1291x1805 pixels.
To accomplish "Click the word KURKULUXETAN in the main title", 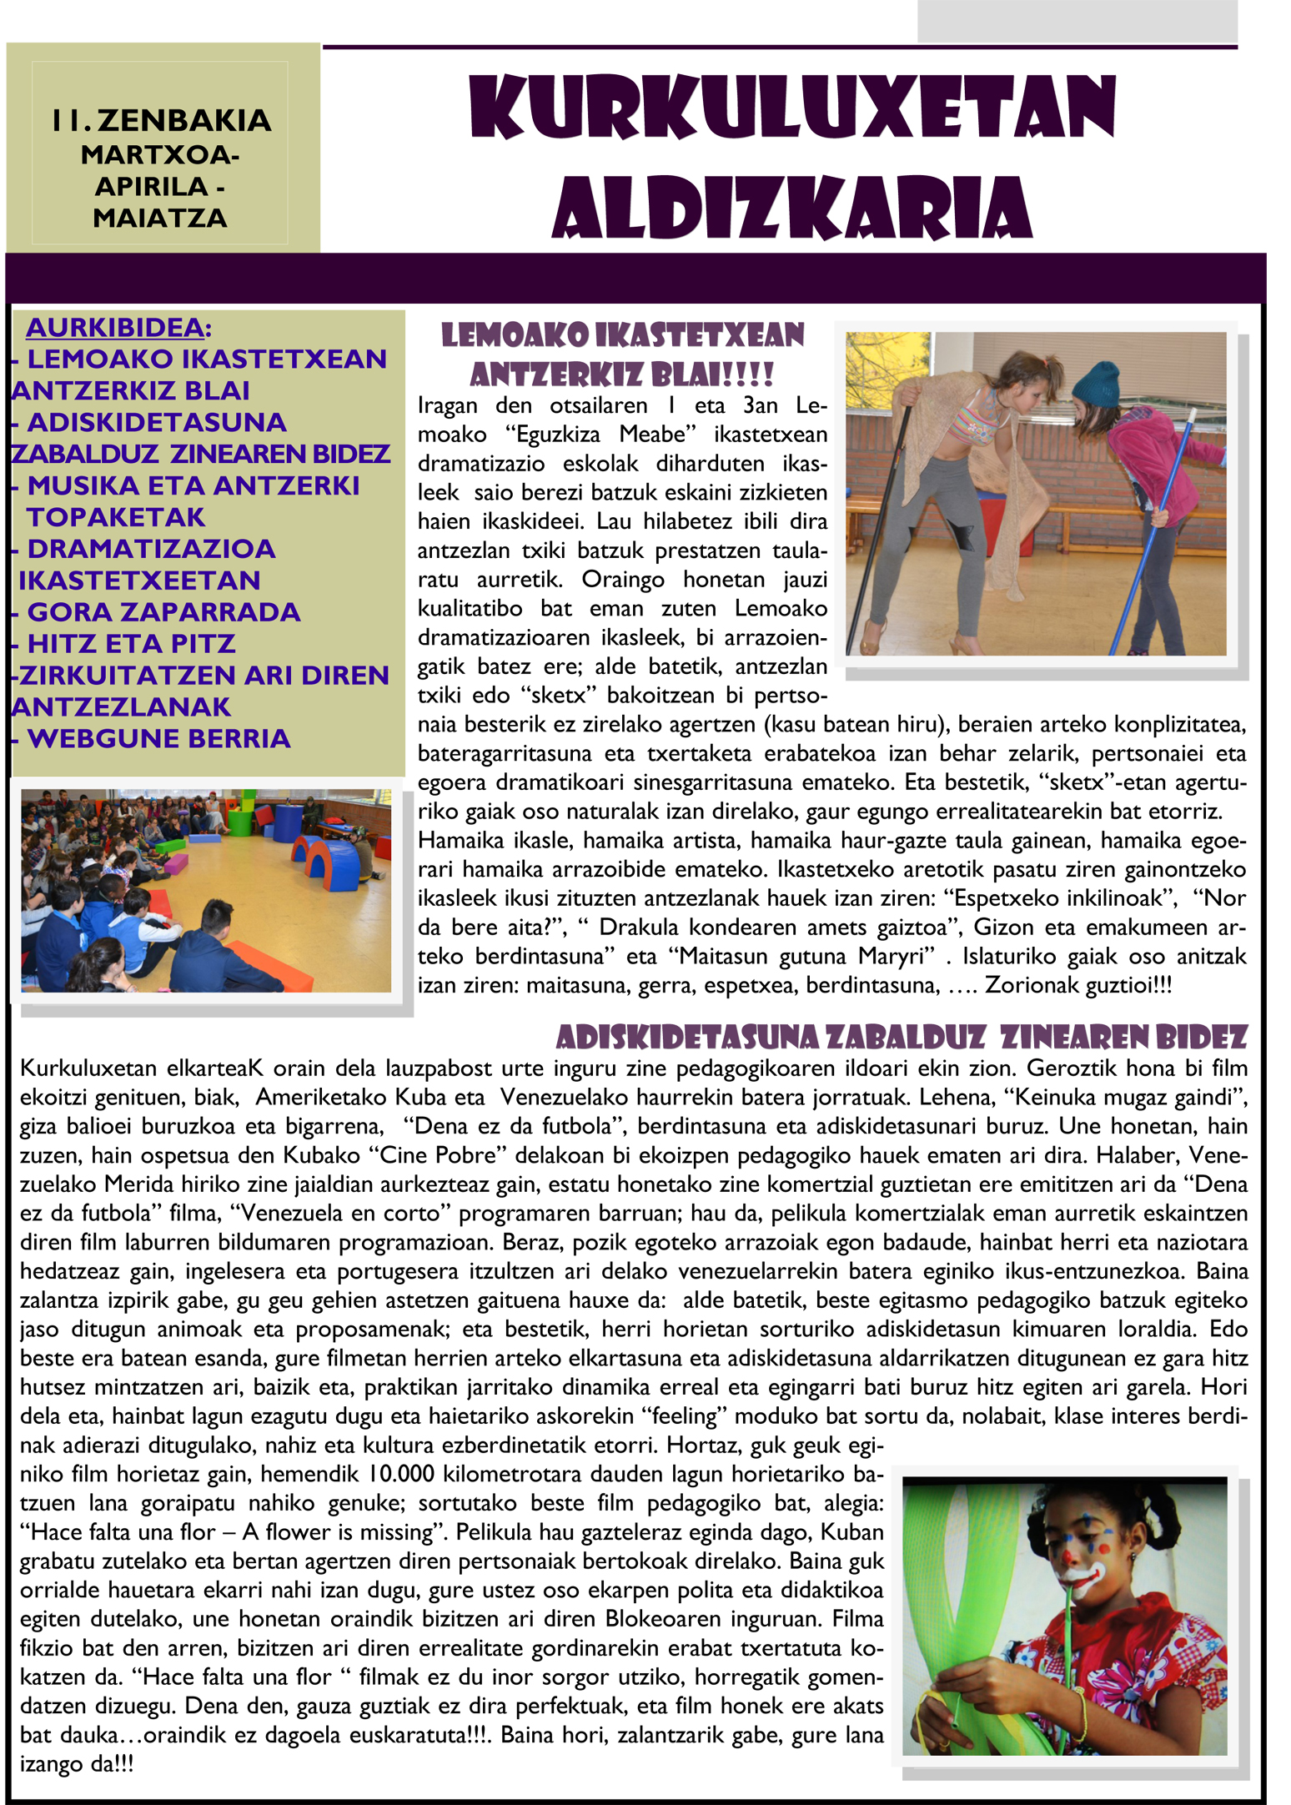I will click(792, 108).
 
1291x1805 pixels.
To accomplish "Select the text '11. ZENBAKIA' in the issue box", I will click(161, 121).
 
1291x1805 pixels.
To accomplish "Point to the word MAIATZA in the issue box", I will click(160, 219).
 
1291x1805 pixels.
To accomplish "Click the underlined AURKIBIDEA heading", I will click(115, 328).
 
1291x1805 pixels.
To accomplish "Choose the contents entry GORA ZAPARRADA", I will click(163, 612).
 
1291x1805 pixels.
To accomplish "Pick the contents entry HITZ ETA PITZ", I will click(131, 644).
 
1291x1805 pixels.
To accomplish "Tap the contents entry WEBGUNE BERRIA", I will click(158, 739).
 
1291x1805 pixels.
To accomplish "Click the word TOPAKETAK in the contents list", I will click(116, 517).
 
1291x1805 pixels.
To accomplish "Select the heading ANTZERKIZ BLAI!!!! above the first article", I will click(622, 375).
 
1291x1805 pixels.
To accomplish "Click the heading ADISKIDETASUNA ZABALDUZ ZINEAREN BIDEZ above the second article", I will click(901, 1037).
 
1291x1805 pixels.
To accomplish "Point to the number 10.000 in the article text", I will click(400, 1474).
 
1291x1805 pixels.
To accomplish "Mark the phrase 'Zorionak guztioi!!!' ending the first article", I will click(1078, 985).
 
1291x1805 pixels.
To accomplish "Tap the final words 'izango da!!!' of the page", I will click(77, 1763).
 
